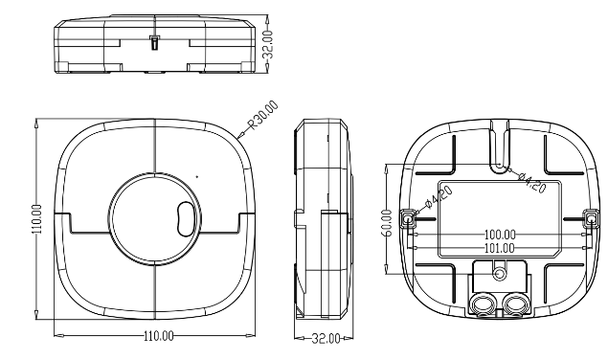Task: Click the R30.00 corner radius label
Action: (263, 115)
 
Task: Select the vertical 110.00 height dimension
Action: (36, 219)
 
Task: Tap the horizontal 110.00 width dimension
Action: (159, 335)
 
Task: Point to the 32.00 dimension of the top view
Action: (268, 44)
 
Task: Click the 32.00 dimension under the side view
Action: (327, 338)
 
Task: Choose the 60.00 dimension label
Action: (387, 223)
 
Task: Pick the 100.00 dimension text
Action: (500, 235)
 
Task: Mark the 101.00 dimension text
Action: (500, 248)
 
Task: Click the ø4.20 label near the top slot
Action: (532, 182)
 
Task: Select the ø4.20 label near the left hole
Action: (439, 197)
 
